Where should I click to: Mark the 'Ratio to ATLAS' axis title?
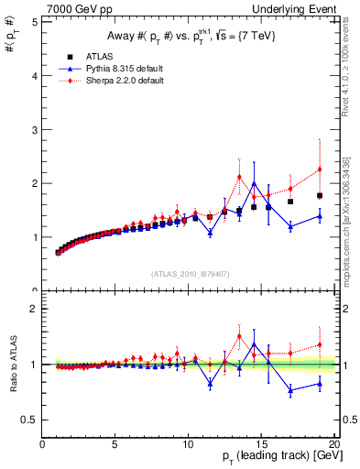(13, 364)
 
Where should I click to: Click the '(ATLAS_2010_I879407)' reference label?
(190, 273)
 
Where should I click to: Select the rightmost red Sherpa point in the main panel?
(320, 169)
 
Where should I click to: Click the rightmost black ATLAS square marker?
(320, 195)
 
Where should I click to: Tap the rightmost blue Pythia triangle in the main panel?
(320, 216)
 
